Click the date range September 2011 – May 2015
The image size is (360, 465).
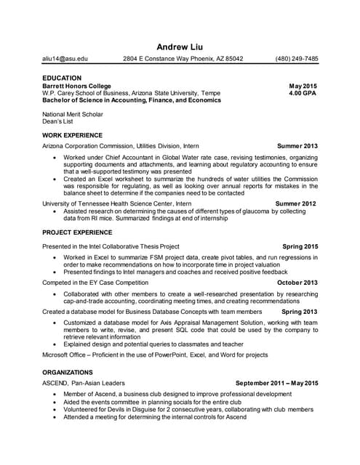click(x=277, y=383)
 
